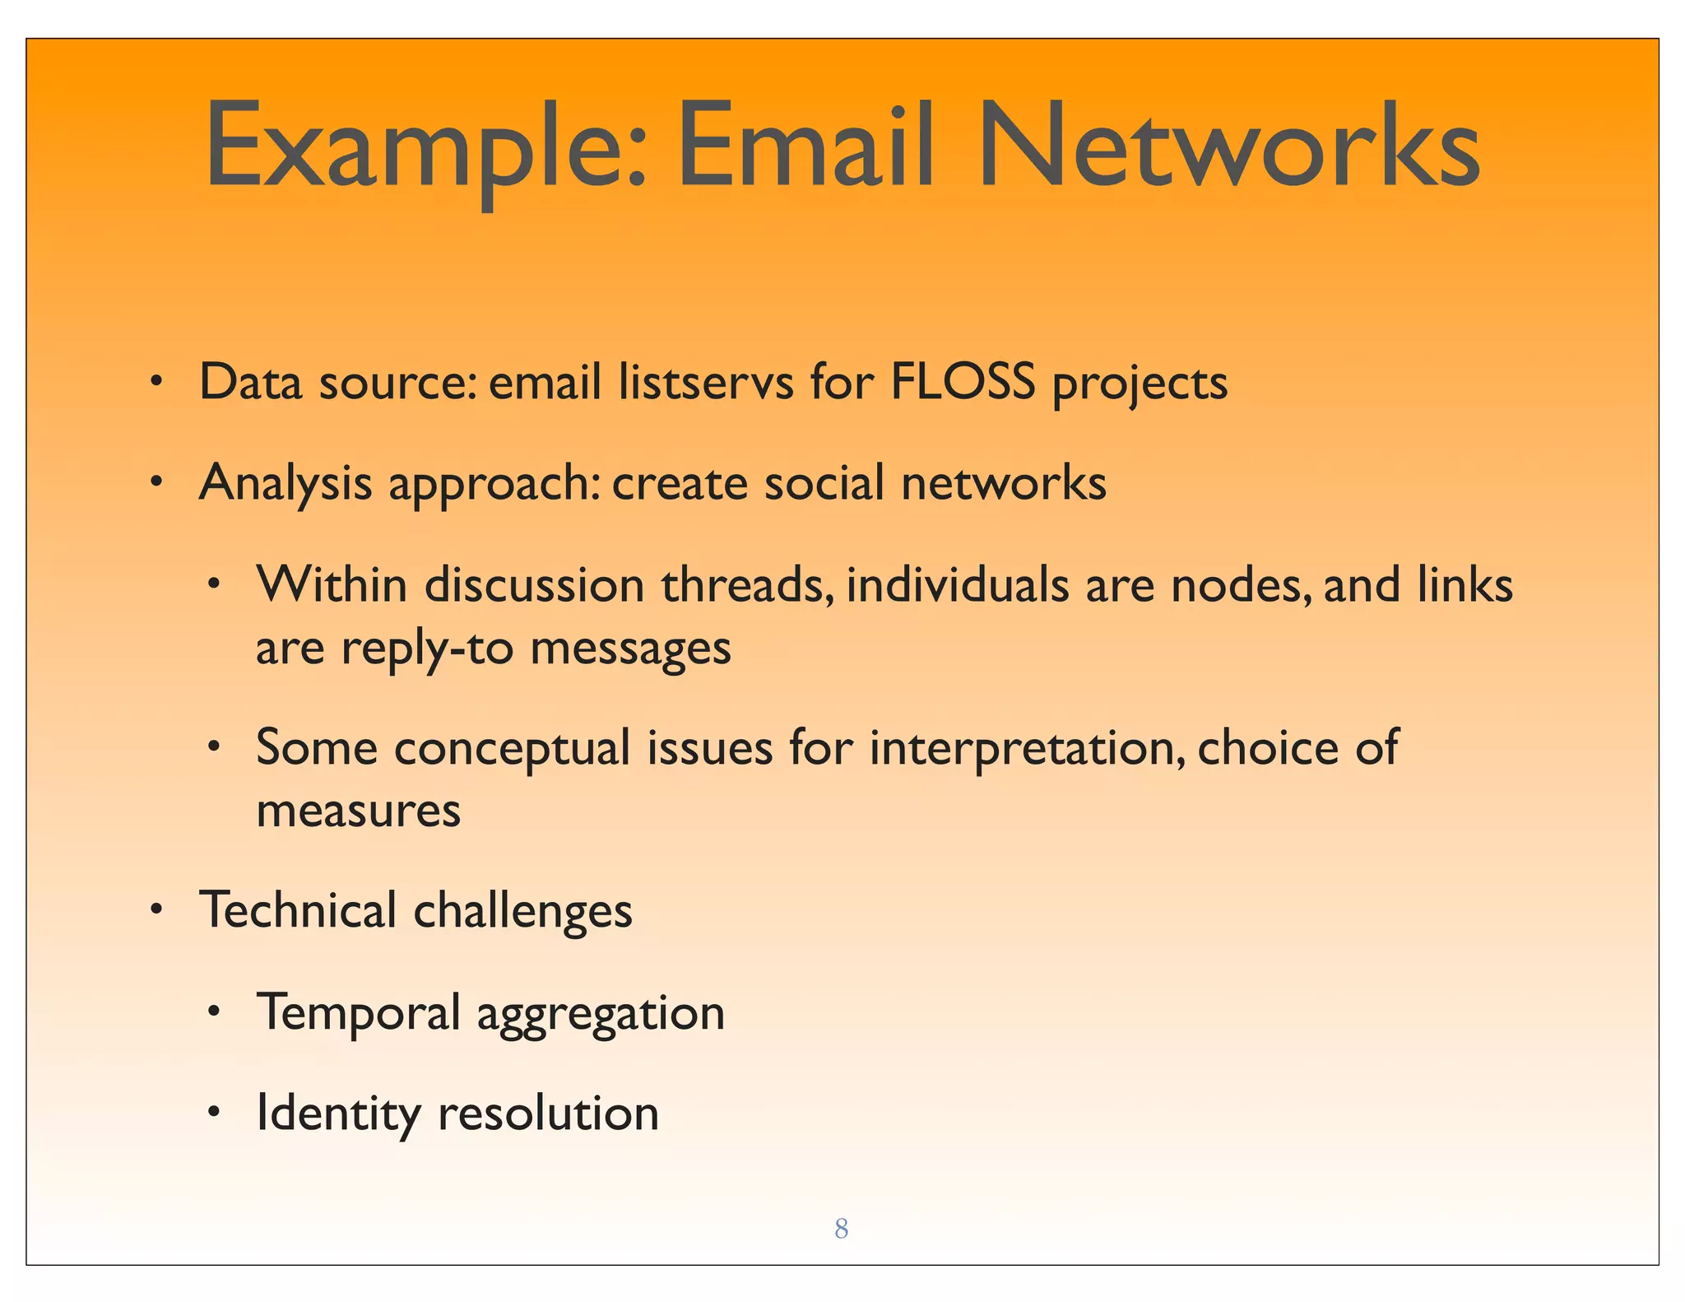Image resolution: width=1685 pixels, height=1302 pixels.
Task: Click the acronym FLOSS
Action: click(x=962, y=382)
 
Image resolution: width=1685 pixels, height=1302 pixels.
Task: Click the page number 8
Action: click(x=841, y=1229)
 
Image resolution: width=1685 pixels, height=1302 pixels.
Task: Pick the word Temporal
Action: click(x=358, y=1012)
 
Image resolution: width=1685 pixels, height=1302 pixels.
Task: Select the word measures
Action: click(x=358, y=811)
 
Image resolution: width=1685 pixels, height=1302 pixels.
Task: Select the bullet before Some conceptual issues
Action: click(x=214, y=748)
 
